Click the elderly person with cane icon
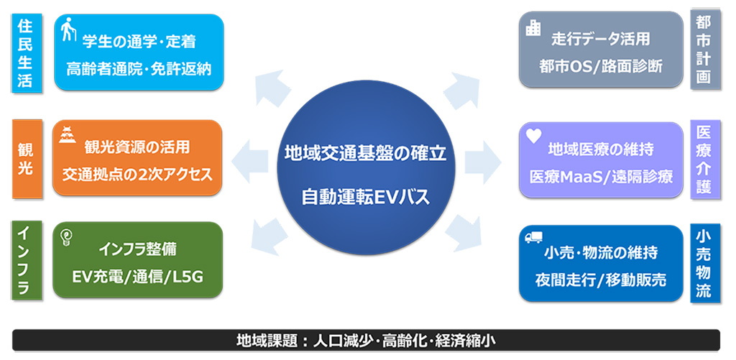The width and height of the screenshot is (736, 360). point(68,29)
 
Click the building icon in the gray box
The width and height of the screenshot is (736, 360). point(533,29)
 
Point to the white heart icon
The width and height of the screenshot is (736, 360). point(534,136)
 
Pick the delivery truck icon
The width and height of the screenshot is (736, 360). point(533,238)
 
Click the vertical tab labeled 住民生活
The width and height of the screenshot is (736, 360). point(27,52)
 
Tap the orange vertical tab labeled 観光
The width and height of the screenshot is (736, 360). point(27,159)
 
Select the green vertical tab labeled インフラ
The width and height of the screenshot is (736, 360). point(27,259)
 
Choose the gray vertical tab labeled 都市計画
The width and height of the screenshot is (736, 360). point(705,50)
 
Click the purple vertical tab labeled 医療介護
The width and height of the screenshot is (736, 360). point(705,160)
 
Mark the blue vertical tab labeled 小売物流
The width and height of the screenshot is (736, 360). point(705,264)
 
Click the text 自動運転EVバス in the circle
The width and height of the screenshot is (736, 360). point(366,197)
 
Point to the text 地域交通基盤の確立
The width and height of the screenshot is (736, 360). point(365,154)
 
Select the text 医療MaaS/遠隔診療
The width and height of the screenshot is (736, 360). point(602,177)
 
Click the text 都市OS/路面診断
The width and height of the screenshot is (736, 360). point(602,66)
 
